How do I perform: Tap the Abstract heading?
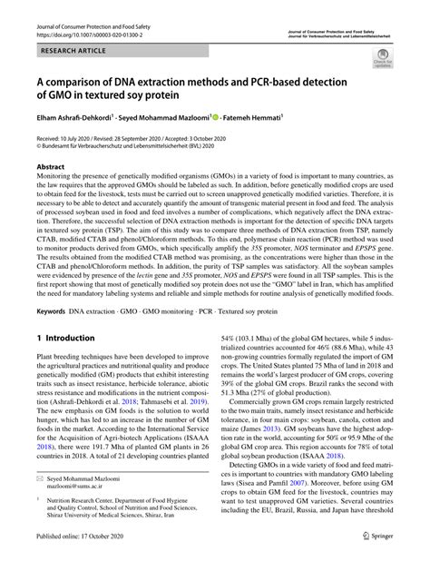click(50, 168)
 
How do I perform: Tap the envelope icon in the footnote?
click(38, 504)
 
